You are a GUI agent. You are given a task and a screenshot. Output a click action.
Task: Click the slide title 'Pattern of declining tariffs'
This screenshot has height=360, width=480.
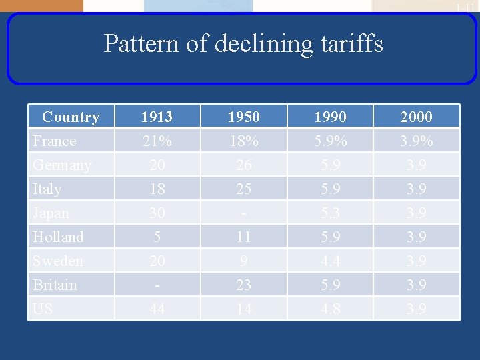point(243,44)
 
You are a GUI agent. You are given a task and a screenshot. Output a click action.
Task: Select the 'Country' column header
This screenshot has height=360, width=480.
point(71,117)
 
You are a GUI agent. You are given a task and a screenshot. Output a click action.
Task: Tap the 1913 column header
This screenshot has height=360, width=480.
point(157,117)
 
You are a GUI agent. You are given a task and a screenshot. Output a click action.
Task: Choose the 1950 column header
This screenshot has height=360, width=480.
point(243,117)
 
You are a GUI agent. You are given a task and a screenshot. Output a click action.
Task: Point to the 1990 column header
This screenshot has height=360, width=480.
point(330,117)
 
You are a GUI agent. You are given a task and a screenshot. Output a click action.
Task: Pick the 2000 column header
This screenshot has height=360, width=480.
point(416,117)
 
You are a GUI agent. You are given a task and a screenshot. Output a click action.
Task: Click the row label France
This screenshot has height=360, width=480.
point(55,141)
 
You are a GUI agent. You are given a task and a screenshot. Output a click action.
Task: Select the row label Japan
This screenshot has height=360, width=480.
point(51,213)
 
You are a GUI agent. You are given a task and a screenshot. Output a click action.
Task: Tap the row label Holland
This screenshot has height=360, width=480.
point(58,237)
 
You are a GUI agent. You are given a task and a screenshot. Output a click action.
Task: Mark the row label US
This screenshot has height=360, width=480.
point(43,309)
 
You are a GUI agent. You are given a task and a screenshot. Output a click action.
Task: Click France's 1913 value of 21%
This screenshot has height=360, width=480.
point(157,141)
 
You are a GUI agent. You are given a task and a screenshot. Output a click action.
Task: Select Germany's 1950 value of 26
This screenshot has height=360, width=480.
point(243,165)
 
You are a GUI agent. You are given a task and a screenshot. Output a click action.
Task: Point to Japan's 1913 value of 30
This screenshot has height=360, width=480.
point(157,213)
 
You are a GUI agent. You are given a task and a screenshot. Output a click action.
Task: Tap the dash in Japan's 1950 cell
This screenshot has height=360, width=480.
point(243,213)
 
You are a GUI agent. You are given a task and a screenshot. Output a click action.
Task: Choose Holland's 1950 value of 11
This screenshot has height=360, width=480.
point(243,237)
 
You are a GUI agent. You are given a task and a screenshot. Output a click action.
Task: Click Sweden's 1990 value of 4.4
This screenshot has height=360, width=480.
point(330,261)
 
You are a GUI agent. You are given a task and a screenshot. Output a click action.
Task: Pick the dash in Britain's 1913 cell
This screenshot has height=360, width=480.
point(157,285)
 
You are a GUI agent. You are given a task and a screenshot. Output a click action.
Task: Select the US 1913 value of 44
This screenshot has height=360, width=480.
point(157,309)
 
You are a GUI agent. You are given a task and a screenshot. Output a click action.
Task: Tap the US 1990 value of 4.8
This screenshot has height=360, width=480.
point(330,309)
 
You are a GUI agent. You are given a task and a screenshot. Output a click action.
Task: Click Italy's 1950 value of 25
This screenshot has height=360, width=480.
point(243,189)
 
